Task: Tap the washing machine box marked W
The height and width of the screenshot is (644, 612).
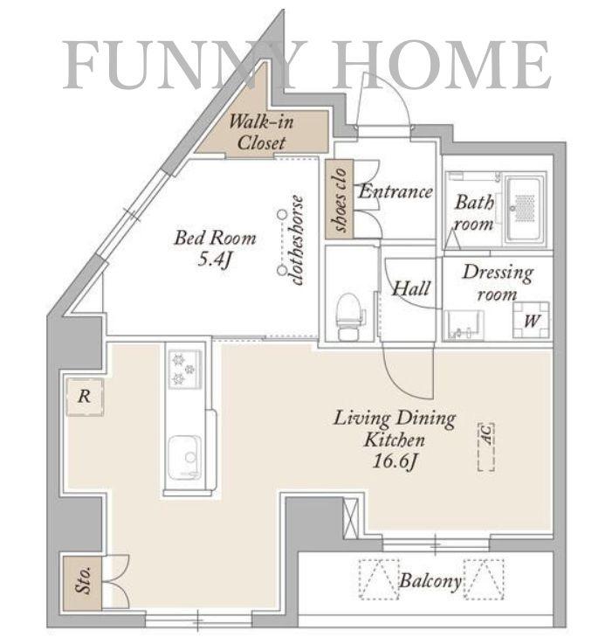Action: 531,321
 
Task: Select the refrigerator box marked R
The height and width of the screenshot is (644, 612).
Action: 85,397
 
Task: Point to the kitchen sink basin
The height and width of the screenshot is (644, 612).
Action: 185,457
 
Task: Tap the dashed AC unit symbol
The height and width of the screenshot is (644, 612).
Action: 486,447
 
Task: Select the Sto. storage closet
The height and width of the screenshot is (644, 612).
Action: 82,582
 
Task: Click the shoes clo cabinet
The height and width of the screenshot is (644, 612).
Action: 340,199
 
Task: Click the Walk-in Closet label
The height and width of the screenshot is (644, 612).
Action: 261,132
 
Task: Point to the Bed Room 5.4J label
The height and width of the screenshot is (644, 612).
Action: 215,248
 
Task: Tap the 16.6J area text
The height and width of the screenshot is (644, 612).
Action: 395,461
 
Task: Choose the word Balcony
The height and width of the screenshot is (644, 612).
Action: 430,581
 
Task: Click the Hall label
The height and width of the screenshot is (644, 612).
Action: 411,288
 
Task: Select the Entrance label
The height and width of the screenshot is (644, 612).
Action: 395,191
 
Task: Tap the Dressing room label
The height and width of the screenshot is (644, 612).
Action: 498,283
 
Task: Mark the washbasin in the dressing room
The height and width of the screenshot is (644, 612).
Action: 464,325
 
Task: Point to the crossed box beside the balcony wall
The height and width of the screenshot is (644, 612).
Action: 351,517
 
